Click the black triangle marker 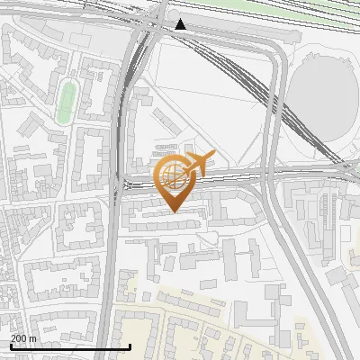[x=181, y=24]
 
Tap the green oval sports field [x=65, y=102]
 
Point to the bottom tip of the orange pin [x=172, y=211]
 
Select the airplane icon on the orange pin [x=195, y=164]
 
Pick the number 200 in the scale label [x=18, y=337]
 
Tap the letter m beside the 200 [x=33, y=337]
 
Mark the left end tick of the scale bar [x=10, y=346]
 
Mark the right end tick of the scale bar [x=130, y=346]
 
